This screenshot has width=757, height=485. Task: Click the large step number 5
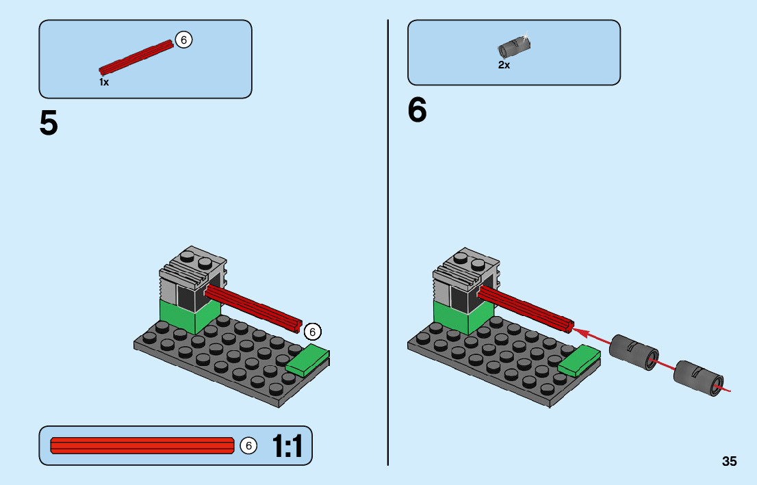(x=49, y=123)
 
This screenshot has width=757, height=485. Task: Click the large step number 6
(x=417, y=110)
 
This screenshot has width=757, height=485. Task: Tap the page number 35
(x=730, y=461)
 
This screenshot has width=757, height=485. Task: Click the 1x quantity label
(x=104, y=82)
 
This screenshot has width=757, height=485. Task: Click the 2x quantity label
(x=504, y=65)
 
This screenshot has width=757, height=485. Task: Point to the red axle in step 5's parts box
(x=136, y=57)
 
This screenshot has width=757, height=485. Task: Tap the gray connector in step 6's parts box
(x=514, y=47)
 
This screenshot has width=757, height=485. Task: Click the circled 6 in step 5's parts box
(x=183, y=40)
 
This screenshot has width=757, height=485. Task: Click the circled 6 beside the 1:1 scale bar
(x=248, y=445)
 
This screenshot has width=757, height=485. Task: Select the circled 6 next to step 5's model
(x=312, y=332)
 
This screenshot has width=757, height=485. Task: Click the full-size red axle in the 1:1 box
(x=142, y=445)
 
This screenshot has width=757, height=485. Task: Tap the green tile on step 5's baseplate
(x=307, y=361)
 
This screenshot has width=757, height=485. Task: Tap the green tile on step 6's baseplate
(x=579, y=361)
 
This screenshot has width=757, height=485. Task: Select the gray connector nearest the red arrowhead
(x=634, y=352)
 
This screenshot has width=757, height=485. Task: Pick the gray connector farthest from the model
(x=698, y=378)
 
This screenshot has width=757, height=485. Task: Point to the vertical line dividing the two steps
(x=387, y=243)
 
